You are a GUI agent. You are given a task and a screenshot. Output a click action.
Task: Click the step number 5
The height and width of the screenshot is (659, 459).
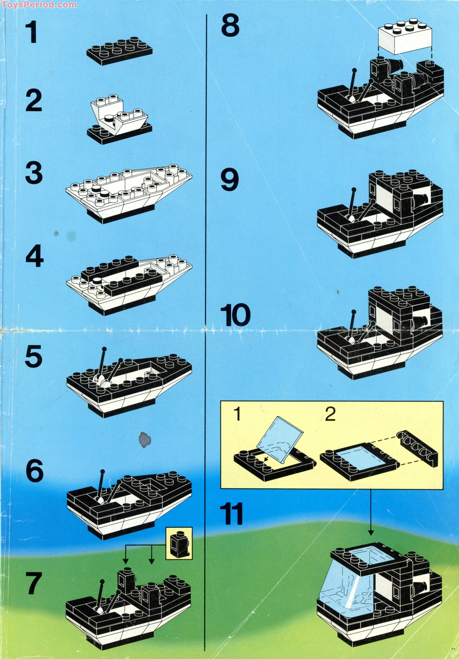coord(34,357)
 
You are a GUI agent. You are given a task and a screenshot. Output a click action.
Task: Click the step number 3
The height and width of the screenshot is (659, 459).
coord(34,174)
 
